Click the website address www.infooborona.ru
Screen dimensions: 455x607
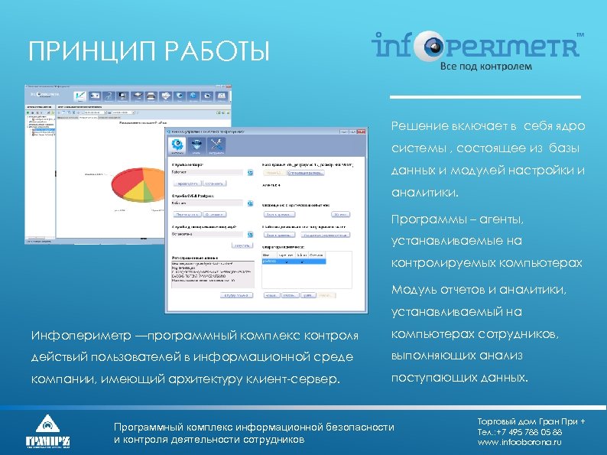(x=519, y=442)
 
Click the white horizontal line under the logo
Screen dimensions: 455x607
(x=485, y=97)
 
